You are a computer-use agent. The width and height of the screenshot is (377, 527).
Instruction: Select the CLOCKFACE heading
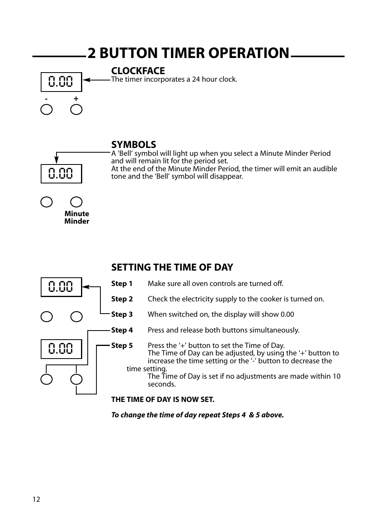(x=138, y=71)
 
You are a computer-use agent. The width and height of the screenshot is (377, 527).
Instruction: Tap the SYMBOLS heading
(x=134, y=144)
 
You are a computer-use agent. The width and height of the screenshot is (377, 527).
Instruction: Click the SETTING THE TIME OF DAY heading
(x=172, y=267)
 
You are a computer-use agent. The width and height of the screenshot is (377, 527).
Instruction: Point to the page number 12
(x=36, y=499)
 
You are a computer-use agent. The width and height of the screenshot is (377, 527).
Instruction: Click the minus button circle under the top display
(x=47, y=110)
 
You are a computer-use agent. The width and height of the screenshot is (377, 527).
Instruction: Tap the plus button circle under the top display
(x=76, y=110)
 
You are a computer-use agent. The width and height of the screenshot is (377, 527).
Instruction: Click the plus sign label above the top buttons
(x=76, y=99)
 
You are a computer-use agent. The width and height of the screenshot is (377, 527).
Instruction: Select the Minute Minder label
(x=77, y=217)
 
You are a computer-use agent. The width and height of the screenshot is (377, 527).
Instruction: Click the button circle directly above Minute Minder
(x=76, y=202)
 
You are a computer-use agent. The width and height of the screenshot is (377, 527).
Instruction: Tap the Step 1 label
(x=122, y=284)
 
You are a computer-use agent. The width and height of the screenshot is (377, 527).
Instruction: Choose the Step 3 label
(x=122, y=314)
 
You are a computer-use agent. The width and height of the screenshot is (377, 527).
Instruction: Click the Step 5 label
(x=122, y=346)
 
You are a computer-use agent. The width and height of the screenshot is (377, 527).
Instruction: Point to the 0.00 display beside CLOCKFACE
(x=61, y=82)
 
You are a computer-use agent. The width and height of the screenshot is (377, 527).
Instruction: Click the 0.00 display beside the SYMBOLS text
(x=61, y=174)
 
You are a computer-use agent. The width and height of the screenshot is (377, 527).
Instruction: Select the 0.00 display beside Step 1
(x=61, y=287)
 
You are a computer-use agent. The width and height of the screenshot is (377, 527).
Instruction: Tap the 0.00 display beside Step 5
(x=61, y=349)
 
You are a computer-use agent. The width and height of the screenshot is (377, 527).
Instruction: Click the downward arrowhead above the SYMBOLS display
(x=57, y=160)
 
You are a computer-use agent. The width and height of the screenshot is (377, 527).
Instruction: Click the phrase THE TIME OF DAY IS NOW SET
(x=163, y=400)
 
